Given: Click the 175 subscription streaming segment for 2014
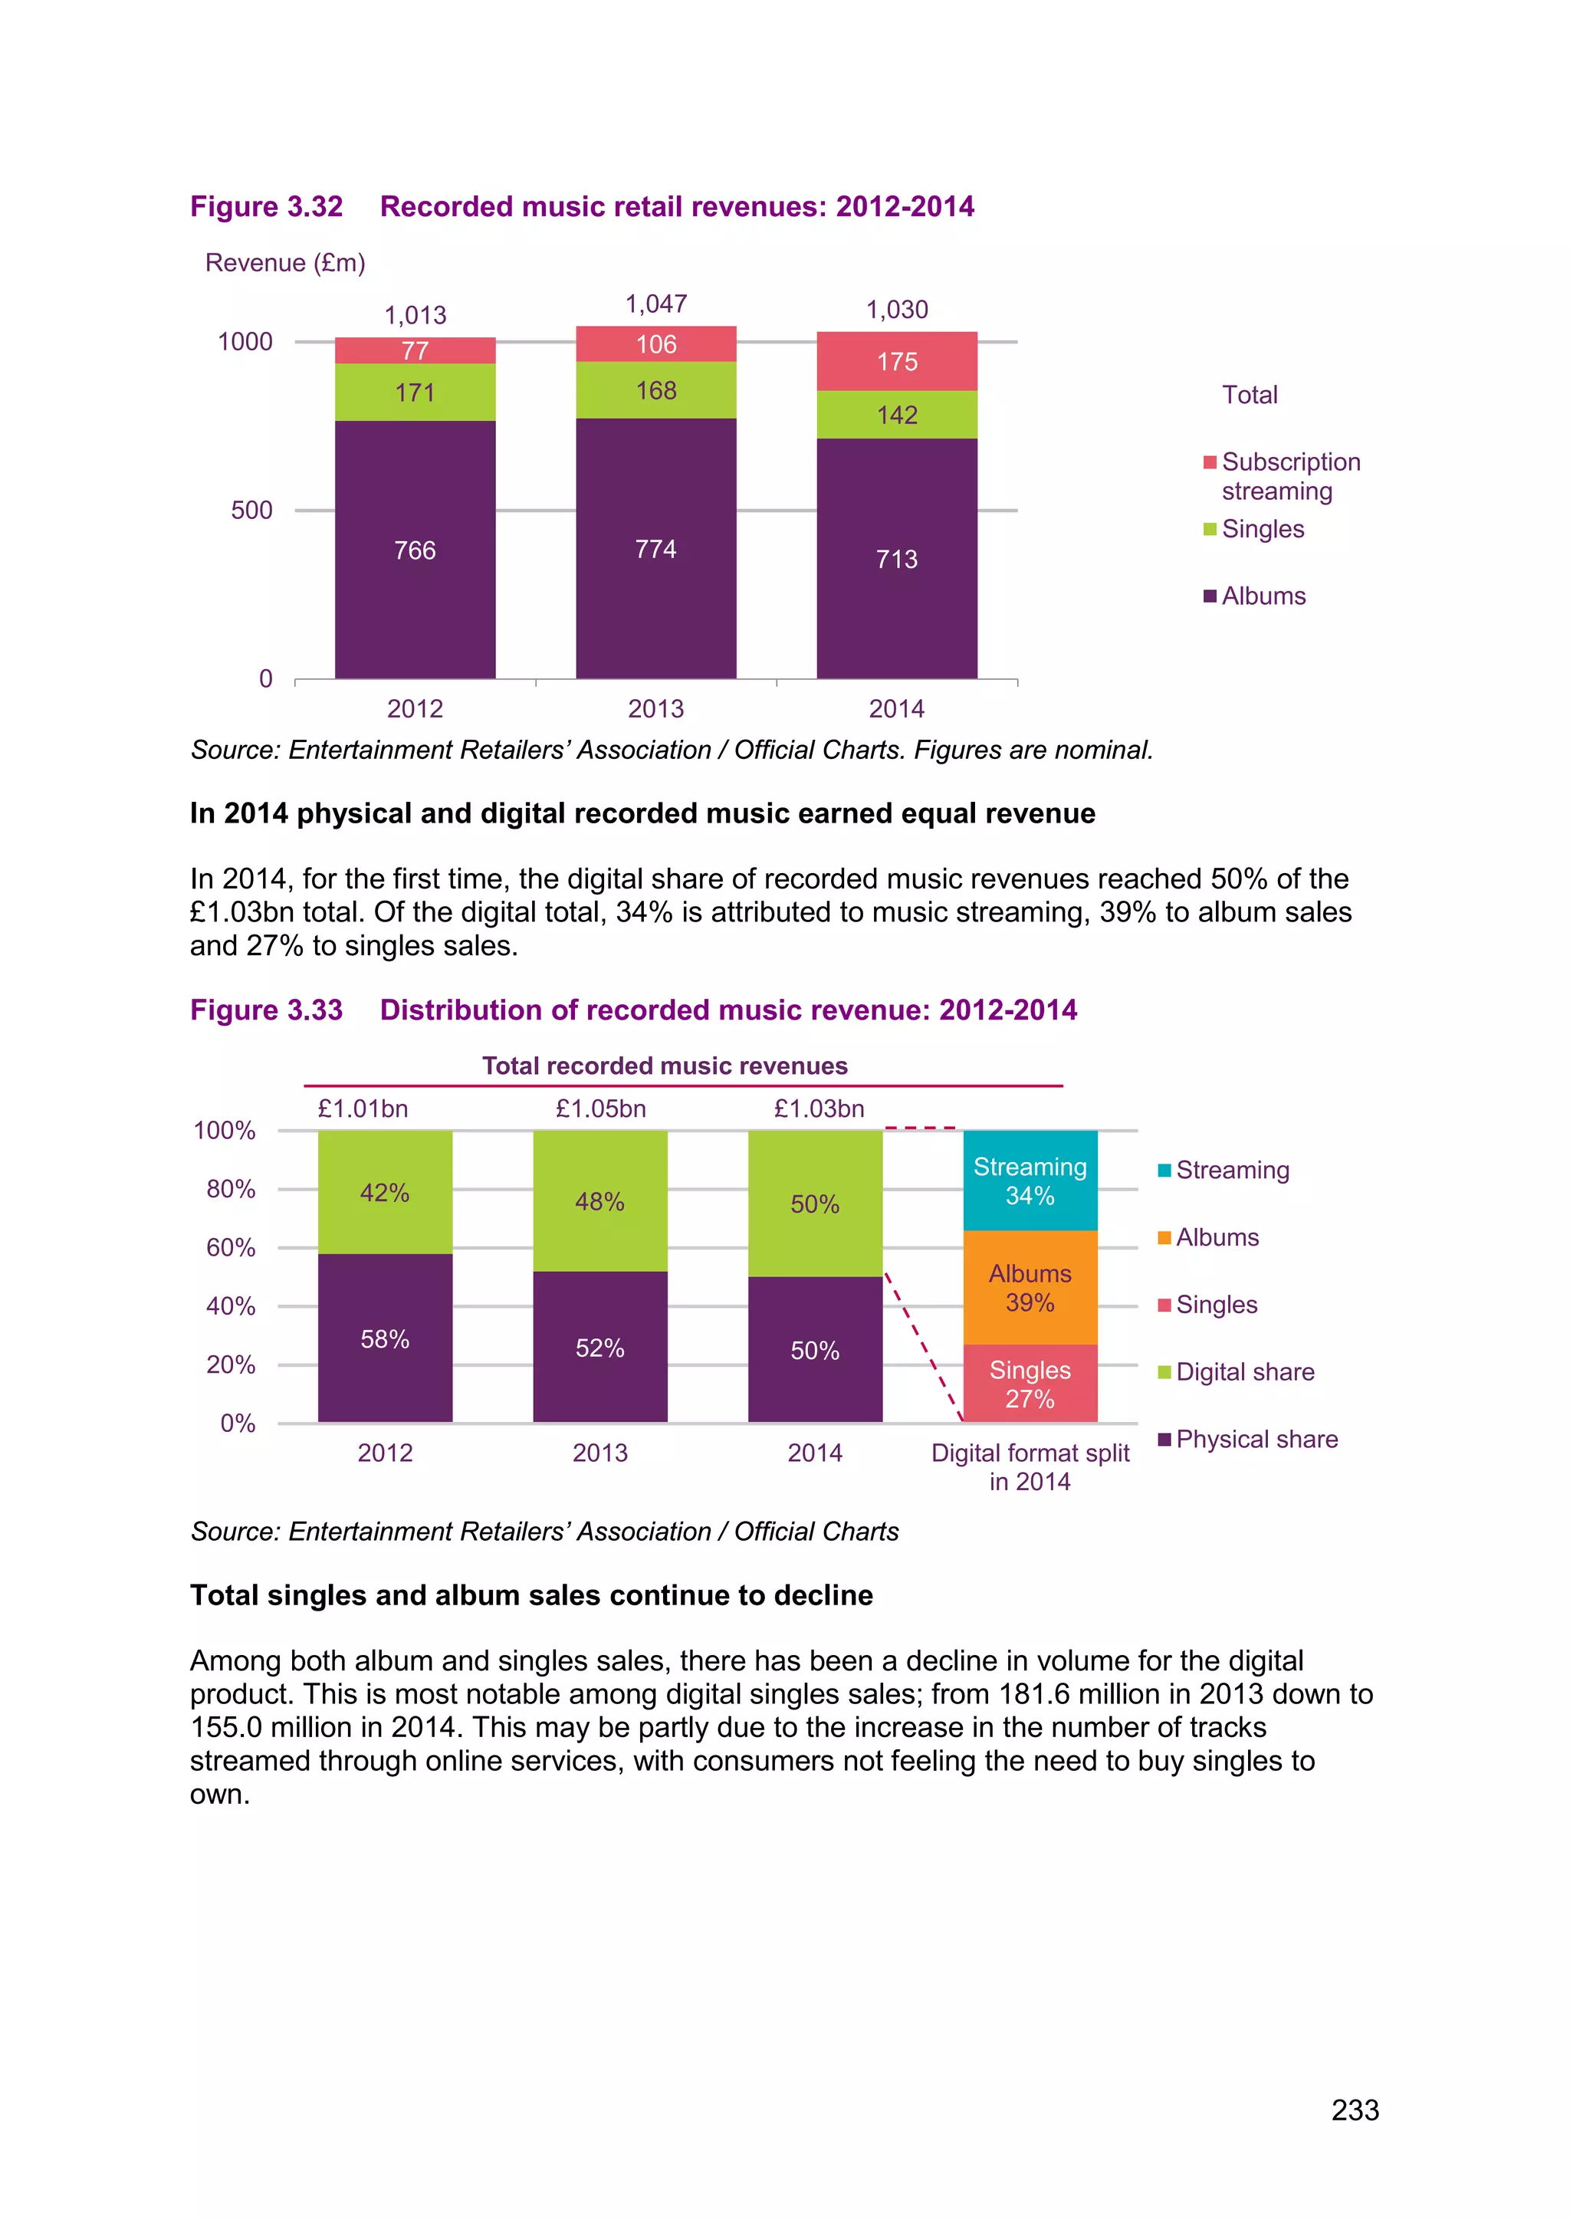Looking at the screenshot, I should coord(896,362).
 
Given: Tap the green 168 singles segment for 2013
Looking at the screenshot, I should coord(655,391).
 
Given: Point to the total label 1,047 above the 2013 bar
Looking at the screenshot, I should coord(655,304).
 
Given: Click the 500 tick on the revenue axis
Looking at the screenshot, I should coord(251,511).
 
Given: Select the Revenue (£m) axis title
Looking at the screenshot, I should coord(285,263).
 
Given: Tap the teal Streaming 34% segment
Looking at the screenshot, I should coord(1030,1181).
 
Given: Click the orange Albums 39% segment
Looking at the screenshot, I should coord(1030,1287).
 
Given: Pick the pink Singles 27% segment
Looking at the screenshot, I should coord(1030,1384).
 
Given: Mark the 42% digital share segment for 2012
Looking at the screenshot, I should coord(385,1192).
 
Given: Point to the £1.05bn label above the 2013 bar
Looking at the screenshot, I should coord(600,1109).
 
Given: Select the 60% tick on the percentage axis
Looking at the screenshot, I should coord(231,1248).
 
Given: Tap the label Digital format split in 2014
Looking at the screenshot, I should coord(1030,1466).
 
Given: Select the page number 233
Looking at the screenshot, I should coord(1355,2110).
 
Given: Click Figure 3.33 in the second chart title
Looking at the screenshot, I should coord(267,1010).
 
